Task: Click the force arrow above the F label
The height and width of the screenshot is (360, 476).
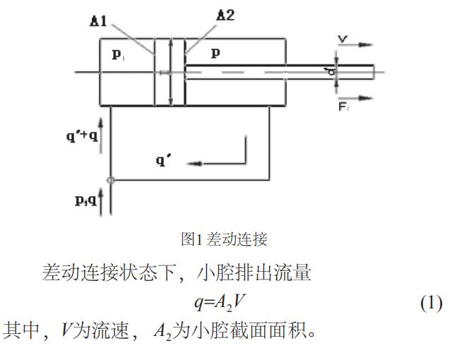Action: [356, 97]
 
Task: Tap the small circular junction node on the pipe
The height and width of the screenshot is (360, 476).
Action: [110, 180]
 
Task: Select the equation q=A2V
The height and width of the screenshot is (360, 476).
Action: [220, 304]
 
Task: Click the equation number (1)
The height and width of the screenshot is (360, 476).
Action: [431, 304]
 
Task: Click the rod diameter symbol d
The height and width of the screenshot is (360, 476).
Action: [329, 71]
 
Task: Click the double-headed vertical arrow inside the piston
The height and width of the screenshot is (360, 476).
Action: [170, 71]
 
